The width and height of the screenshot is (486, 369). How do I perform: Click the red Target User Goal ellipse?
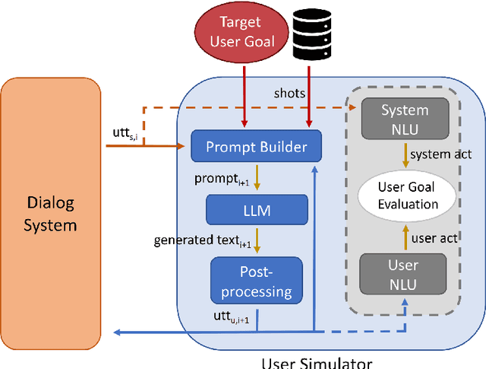click(245, 33)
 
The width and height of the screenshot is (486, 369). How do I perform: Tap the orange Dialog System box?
click(51, 214)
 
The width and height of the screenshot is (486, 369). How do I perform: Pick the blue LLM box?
click(257, 208)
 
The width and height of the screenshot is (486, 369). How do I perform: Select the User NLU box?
click(403, 274)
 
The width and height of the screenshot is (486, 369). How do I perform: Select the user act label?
click(434, 237)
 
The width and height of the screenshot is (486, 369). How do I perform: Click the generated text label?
click(202, 240)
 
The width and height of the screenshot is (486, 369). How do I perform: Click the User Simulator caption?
click(317, 363)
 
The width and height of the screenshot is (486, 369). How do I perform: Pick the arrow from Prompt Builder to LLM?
click(257, 179)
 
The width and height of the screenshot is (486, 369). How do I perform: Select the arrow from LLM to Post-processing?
click(257, 241)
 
